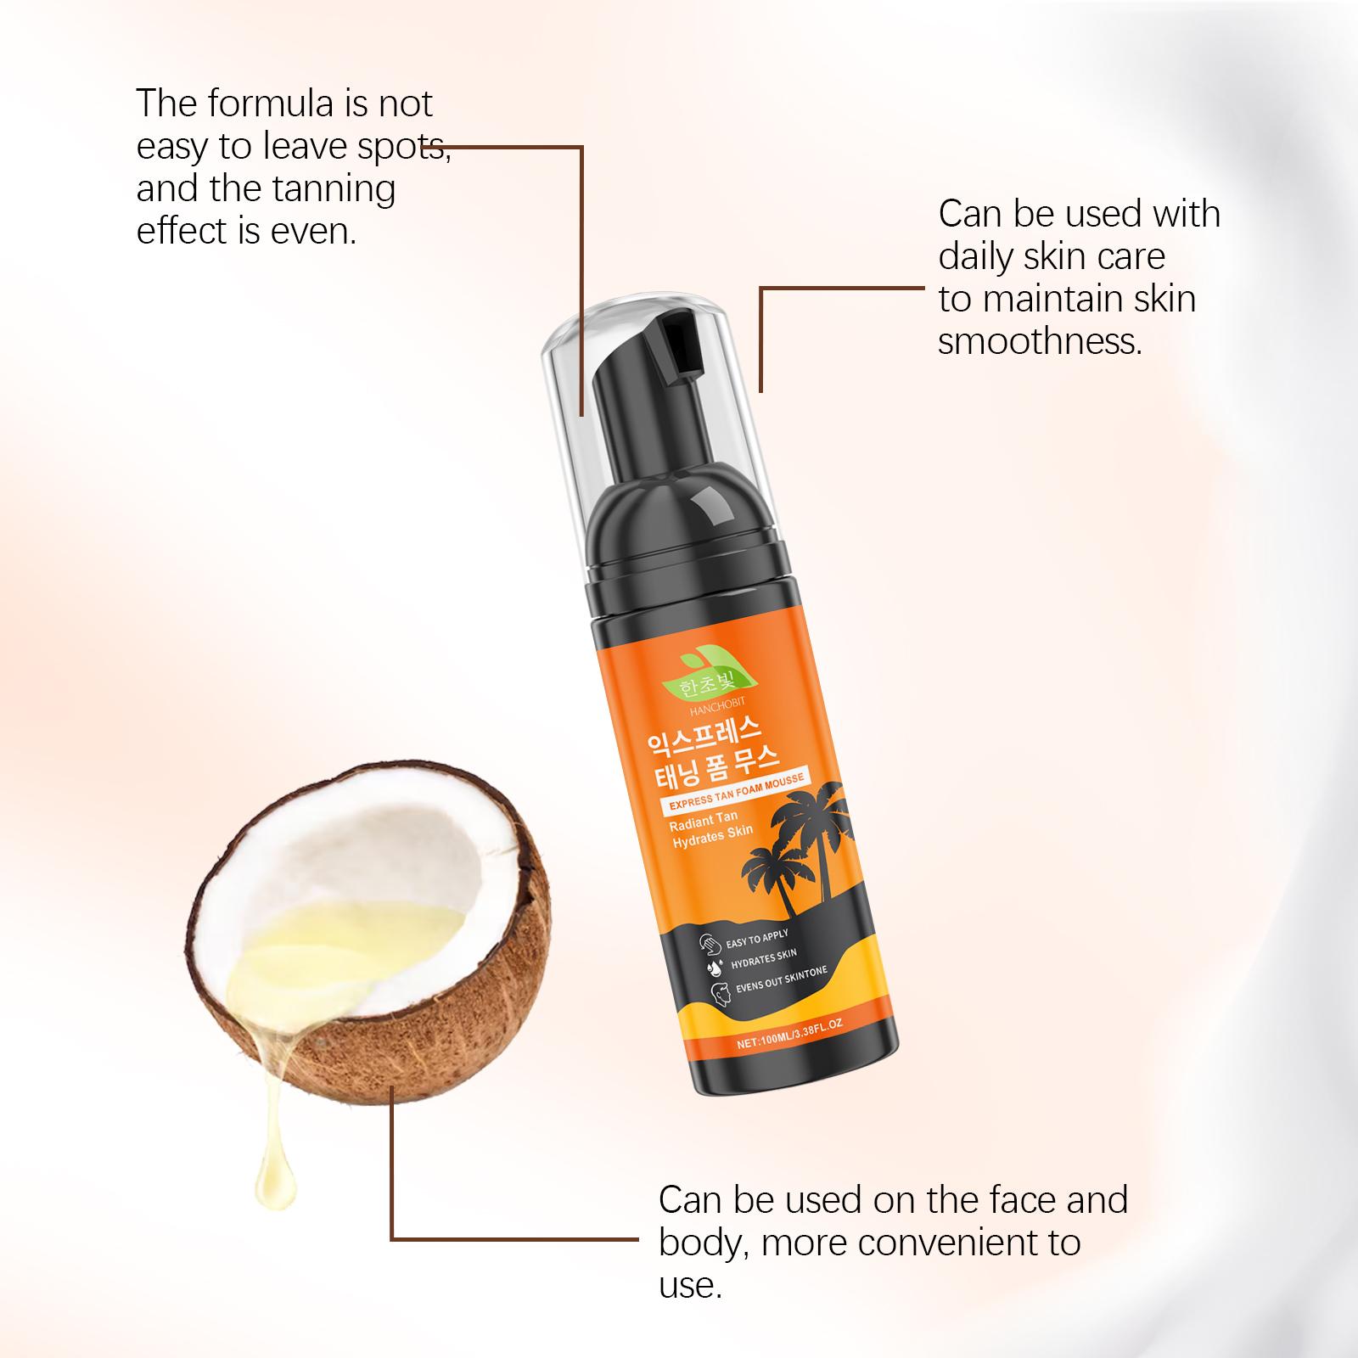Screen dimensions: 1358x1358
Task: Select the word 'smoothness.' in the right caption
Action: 1040,341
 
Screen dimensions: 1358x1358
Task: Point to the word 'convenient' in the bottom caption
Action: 946,1243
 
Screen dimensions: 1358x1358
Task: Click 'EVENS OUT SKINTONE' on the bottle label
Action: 781,979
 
